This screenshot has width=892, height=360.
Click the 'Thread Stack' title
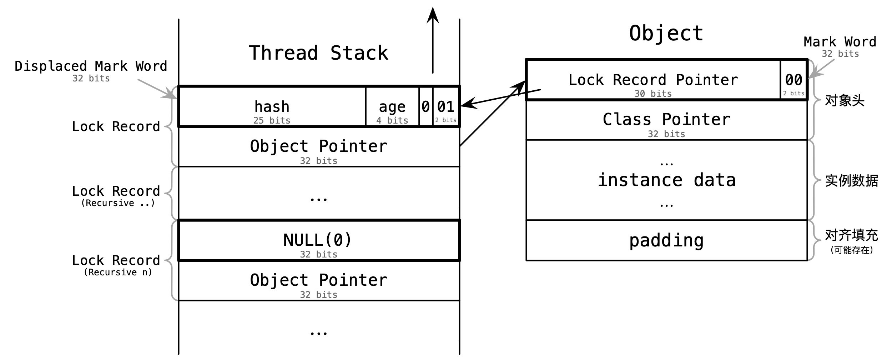[x=318, y=53]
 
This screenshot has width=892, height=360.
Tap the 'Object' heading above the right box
[x=666, y=33]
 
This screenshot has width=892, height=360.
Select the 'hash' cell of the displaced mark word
[x=272, y=106]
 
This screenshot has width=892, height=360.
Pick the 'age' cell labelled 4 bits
[x=392, y=106]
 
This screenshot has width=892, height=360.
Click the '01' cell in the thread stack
[x=446, y=106]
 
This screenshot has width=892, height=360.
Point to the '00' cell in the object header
[x=793, y=80]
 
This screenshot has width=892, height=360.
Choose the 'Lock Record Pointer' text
[x=653, y=80]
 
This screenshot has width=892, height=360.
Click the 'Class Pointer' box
[x=666, y=120]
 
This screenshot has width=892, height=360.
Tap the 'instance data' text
[x=666, y=180]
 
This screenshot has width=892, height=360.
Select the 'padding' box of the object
[x=666, y=240]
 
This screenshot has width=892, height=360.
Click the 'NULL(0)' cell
[x=319, y=240]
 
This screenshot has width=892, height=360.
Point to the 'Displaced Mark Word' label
[x=91, y=66]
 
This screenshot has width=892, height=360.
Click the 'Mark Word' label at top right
[x=840, y=42]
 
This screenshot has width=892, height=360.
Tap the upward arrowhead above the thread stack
[x=433, y=15]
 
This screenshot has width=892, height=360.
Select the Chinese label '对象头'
[x=845, y=100]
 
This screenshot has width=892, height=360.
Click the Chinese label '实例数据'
[x=852, y=181]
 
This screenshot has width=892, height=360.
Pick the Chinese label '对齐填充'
[x=852, y=235]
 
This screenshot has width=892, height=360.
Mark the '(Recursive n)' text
[x=118, y=272]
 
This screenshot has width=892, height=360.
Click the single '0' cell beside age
[x=425, y=106]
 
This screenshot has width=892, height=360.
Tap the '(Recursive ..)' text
[x=118, y=203]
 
